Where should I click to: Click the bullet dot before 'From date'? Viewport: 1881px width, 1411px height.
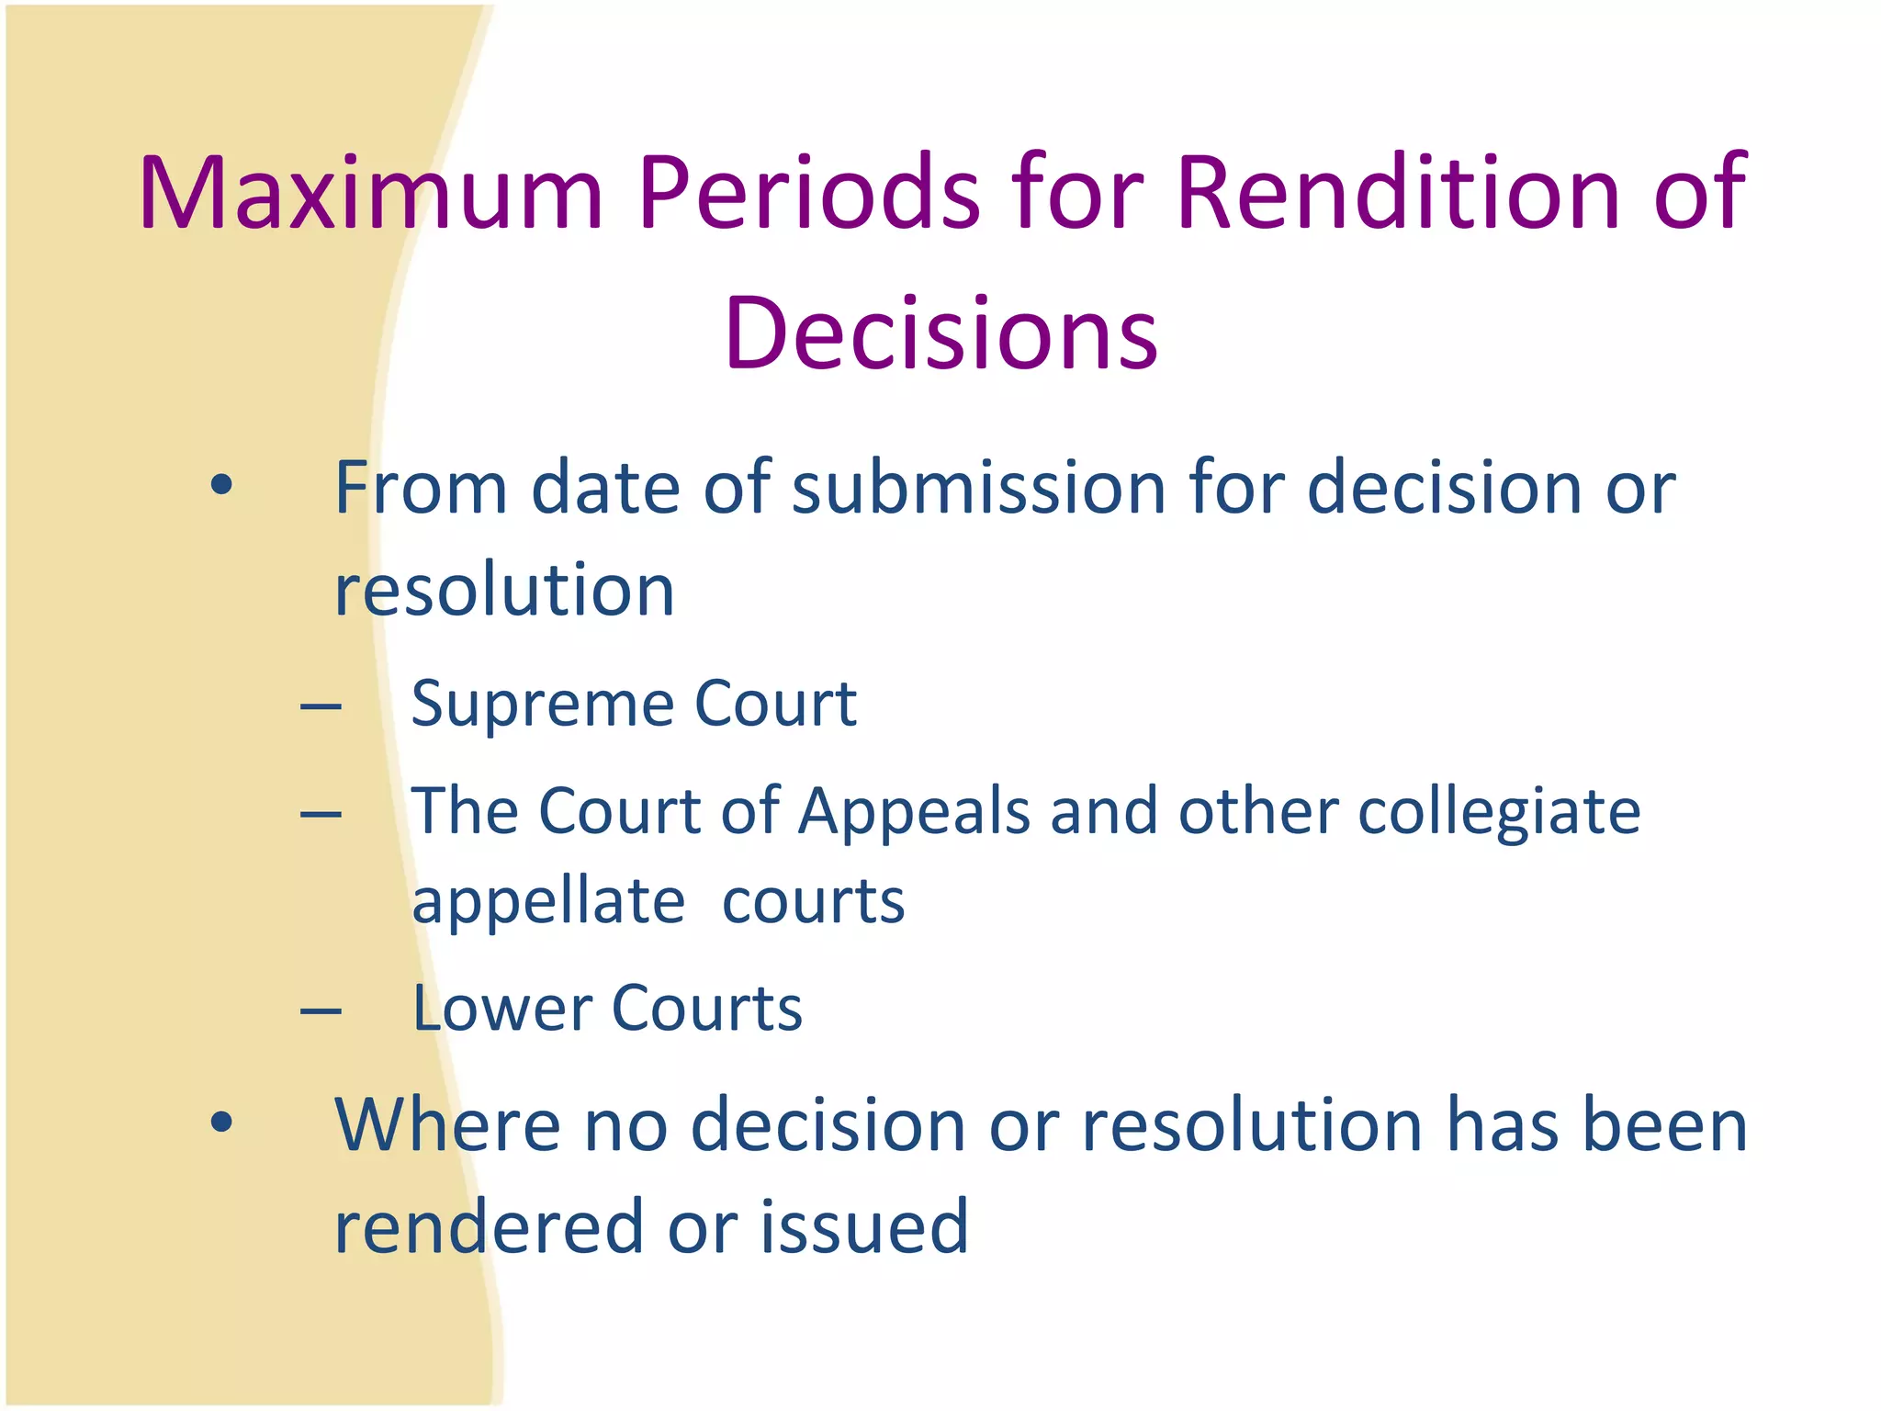[220, 484]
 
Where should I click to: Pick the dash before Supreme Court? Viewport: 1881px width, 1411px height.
[321, 707]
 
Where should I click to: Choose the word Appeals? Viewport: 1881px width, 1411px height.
[914, 812]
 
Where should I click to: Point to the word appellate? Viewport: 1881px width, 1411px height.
[548, 902]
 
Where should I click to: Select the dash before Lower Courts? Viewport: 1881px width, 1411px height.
[321, 1011]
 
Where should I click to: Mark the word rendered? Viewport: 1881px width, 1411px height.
[489, 1226]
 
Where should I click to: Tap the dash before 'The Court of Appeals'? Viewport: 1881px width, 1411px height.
[321, 814]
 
